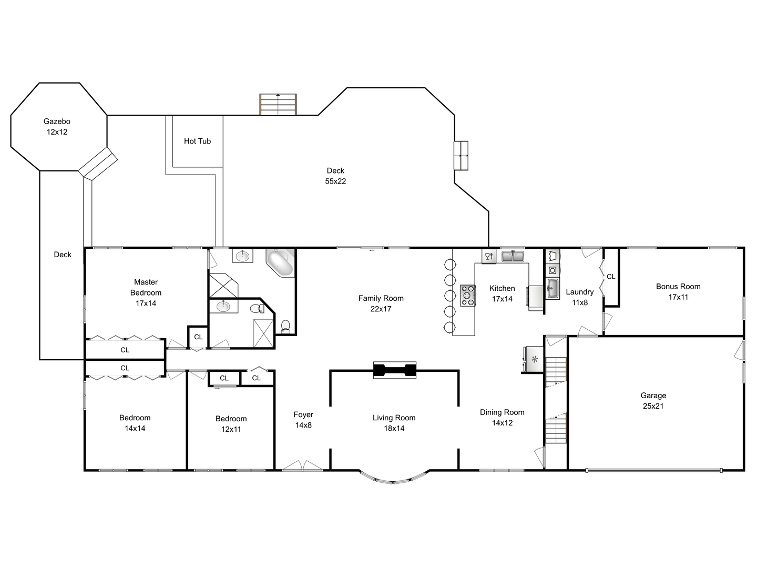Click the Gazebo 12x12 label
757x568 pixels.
(57, 127)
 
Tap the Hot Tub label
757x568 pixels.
(197, 141)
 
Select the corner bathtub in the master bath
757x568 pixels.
(280, 263)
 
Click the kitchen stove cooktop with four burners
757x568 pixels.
(468, 296)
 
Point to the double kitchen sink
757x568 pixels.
(513, 256)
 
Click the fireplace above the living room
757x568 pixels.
(395, 370)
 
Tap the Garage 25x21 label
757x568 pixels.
(653, 401)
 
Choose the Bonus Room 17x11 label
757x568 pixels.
(678, 292)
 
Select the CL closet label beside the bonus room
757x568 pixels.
(611, 277)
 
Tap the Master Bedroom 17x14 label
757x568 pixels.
(146, 293)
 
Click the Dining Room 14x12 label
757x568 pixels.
(502, 417)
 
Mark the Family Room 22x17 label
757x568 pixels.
(381, 303)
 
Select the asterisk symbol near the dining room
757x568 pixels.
(535, 359)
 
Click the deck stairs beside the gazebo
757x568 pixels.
(98, 164)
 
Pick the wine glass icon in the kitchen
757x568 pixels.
(489, 256)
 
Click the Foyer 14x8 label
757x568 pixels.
(303, 420)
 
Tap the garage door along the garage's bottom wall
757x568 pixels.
(654, 470)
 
